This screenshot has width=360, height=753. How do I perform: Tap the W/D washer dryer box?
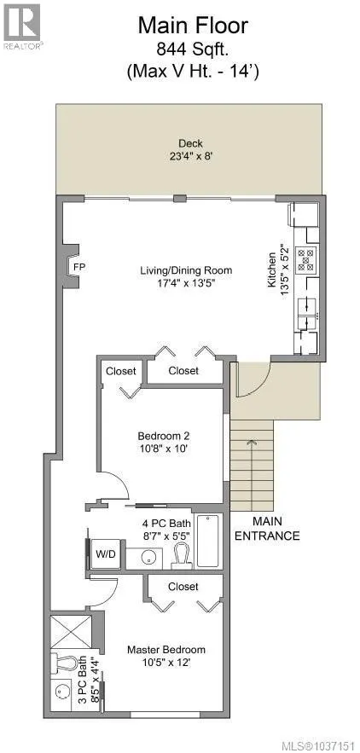pyautogui.click(x=105, y=554)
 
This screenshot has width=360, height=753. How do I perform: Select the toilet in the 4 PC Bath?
pyautogui.click(x=183, y=553)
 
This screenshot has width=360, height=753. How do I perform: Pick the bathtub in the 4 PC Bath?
pyautogui.click(x=210, y=542)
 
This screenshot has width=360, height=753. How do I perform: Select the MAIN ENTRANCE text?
pyautogui.click(x=267, y=528)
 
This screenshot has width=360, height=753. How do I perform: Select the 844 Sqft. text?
pyautogui.click(x=193, y=49)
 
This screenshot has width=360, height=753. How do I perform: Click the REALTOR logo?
pyautogui.click(x=22, y=26)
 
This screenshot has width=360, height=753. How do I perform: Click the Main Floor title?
pyautogui.click(x=193, y=25)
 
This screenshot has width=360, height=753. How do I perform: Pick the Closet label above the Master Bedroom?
pyautogui.click(x=183, y=587)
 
